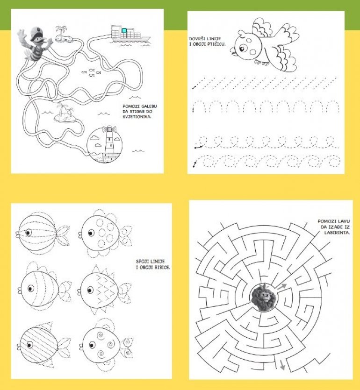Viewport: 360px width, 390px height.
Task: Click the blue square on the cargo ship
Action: point(124,30)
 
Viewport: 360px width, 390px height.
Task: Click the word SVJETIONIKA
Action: point(137,116)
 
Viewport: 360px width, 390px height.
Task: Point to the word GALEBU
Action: point(148,106)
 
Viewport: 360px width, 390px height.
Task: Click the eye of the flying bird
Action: point(243,48)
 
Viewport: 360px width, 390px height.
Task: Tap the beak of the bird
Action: point(232,50)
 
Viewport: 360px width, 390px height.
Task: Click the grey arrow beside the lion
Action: point(281,286)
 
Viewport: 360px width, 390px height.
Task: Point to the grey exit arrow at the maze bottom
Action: point(281,364)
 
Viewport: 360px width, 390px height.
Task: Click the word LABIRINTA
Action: point(337,233)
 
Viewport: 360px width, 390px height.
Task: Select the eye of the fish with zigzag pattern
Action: point(90,290)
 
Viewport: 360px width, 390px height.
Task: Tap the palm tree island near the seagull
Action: point(63,34)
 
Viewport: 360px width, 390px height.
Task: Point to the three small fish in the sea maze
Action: point(91,72)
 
